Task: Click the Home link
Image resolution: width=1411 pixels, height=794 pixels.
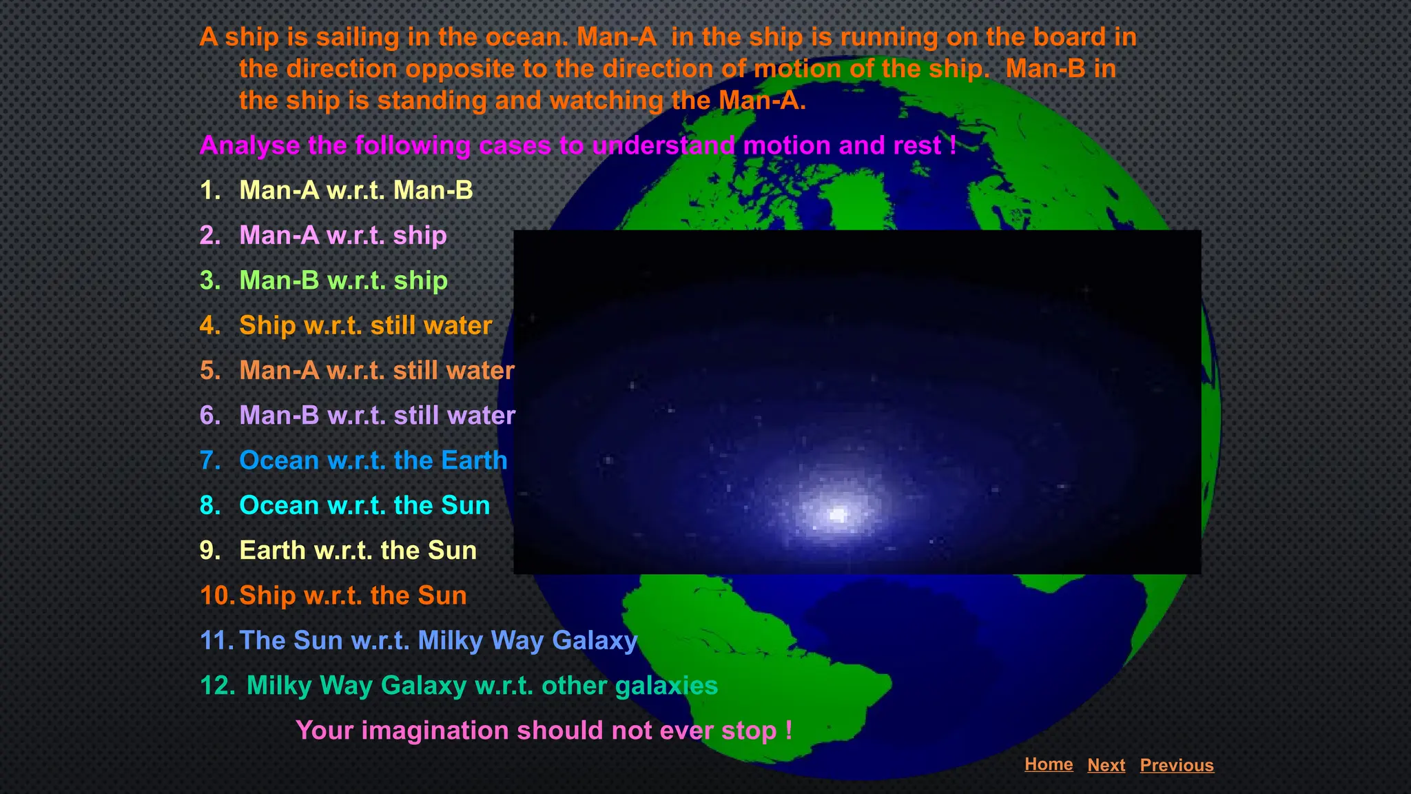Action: (1048, 764)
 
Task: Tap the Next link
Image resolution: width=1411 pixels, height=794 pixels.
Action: (1106, 765)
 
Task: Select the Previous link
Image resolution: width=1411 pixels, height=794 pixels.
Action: (1176, 765)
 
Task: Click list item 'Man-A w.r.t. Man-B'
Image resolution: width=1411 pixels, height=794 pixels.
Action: (356, 190)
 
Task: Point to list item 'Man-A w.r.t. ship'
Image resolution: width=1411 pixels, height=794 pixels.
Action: (342, 236)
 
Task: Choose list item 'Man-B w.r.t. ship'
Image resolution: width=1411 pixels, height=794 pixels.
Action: (343, 281)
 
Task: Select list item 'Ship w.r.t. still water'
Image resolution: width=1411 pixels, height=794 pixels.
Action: (365, 325)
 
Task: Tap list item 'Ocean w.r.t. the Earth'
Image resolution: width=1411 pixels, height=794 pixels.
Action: (373, 460)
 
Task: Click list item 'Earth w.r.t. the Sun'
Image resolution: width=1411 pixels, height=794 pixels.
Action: (358, 551)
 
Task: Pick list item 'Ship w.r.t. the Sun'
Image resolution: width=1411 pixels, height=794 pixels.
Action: (353, 595)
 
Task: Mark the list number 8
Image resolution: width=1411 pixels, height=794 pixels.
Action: (209, 505)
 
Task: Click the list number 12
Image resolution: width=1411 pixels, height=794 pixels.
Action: (216, 686)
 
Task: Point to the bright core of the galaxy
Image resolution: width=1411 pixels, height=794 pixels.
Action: (838, 514)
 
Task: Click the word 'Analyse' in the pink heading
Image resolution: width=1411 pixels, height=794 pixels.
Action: (249, 145)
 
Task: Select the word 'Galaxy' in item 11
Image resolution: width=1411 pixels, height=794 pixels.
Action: (595, 641)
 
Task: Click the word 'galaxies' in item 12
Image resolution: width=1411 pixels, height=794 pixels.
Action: (666, 686)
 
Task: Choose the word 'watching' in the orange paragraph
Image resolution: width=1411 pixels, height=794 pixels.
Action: (606, 101)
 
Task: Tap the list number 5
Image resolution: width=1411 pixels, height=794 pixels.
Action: (209, 371)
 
